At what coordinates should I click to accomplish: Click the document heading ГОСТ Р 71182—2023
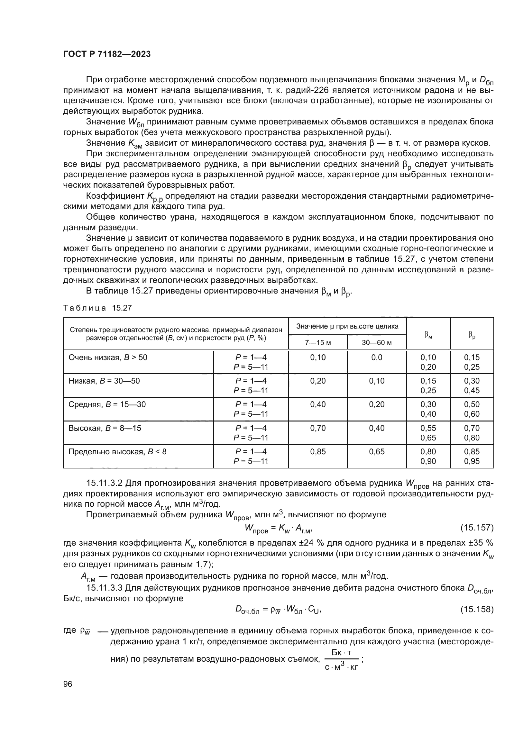107,54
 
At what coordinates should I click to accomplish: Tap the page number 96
68,684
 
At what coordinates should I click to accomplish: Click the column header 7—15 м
318,343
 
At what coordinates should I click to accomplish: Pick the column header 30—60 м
377,343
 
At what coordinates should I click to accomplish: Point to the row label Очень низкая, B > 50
108,357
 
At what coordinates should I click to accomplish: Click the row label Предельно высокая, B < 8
117,452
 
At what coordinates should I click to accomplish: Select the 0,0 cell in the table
377,357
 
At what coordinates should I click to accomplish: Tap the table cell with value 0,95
472,461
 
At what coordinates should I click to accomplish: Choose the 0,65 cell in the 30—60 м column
377,452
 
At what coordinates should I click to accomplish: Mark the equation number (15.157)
477,528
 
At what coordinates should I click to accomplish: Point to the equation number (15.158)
477,609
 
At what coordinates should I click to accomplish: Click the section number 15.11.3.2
105,483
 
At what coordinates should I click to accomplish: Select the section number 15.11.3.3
105,588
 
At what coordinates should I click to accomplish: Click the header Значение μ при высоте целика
347,326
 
